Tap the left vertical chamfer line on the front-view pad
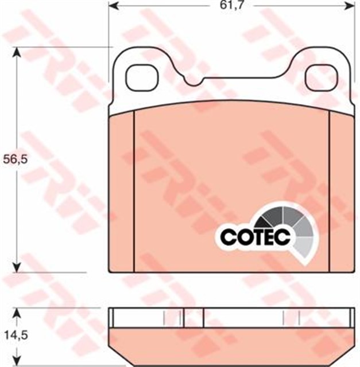pyautogui.click(x=133, y=189)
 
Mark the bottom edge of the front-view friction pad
pyautogui.click(x=230, y=271)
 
